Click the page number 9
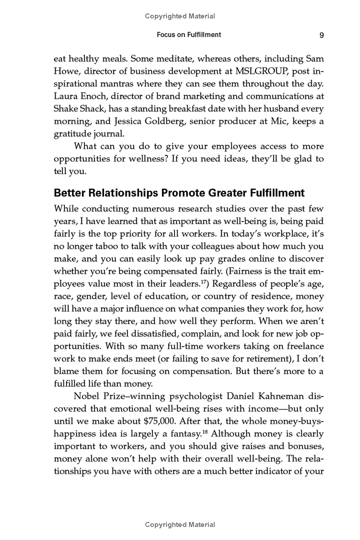[x=322, y=35]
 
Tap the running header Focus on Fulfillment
[x=189, y=35]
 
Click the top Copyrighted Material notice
[x=180, y=16]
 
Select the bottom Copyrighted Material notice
[x=180, y=525]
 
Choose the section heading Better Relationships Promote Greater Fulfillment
[x=179, y=193]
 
